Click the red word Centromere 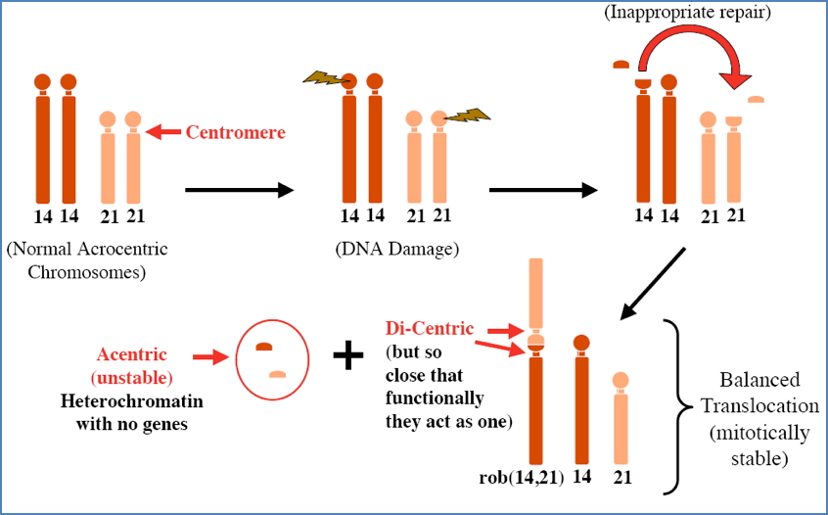click(x=235, y=131)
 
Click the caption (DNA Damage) click(x=396, y=249)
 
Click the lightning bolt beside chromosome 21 click(x=467, y=116)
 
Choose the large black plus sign click(x=347, y=355)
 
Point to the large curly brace click(x=673, y=403)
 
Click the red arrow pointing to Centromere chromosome click(x=165, y=131)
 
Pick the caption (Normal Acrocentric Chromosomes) click(x=87, y=259)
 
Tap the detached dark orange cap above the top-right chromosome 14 click(x=620, y=66)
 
